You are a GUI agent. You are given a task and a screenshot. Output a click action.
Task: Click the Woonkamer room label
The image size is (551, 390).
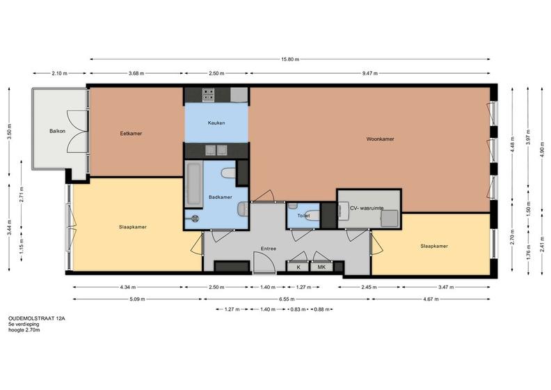380,139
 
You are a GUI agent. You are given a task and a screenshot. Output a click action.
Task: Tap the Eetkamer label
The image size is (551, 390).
131,134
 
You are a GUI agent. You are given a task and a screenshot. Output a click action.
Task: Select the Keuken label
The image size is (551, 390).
216,123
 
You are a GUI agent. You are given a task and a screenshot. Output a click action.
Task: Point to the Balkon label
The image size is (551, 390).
57,131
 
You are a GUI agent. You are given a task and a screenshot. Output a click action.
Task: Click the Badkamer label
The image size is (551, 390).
221,197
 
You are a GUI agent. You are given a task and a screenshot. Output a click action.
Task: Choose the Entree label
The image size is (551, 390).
269,249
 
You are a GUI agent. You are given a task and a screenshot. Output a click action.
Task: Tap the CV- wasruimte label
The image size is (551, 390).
367,208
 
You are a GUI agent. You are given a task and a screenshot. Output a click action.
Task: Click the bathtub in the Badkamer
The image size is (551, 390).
193,184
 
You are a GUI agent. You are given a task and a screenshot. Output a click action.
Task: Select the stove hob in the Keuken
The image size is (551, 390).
208,95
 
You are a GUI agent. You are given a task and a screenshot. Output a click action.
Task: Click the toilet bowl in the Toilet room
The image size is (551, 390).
314,215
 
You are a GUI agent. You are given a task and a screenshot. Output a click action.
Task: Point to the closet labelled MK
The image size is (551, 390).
321,267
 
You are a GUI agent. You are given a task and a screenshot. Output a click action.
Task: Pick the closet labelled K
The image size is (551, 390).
298,267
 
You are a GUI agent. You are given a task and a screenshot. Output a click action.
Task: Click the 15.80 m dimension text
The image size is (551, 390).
290,59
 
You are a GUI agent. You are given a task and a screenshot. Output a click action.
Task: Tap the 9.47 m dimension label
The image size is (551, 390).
369,74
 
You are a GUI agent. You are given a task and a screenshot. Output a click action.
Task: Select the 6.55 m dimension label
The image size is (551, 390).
287,299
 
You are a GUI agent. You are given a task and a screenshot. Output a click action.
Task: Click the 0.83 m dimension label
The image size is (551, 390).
298,309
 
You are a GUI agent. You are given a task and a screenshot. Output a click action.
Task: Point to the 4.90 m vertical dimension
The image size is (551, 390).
542,151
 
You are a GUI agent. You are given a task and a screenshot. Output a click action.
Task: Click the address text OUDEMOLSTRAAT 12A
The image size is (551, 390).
37,318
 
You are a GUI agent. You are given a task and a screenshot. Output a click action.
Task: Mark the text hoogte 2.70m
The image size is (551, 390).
24,330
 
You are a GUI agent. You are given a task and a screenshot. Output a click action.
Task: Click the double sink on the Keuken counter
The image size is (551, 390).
216,150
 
